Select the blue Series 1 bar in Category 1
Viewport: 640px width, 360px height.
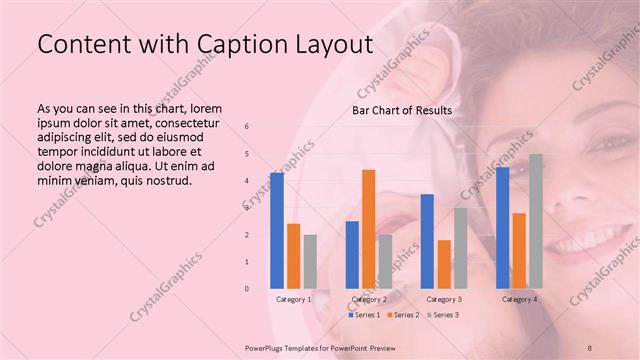(x=277, y=230)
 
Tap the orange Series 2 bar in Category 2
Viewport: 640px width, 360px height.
(x=368, y=229)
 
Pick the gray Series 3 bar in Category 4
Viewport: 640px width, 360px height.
(x=536, y=221)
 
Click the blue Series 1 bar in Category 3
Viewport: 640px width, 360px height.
(x=427, y=241)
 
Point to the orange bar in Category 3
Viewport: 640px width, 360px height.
(x=444, y=264)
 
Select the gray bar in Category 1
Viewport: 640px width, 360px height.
(x=310, y=261)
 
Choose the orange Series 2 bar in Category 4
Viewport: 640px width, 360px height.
(x=519, y=250)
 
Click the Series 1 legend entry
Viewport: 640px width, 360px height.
(x=364, y=315)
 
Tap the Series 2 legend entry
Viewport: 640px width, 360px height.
(x=404, y=315)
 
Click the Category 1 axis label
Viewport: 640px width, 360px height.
(x=294, y=299)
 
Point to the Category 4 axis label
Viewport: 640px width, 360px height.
(x=519, y=299)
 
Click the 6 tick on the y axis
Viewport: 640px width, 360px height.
(x=247, y=127)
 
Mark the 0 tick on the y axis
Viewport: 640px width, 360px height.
(x=247, y=289)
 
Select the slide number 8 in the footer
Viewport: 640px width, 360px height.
(x=588, y=347)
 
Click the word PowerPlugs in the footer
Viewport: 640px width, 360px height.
(x=268, y=347)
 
